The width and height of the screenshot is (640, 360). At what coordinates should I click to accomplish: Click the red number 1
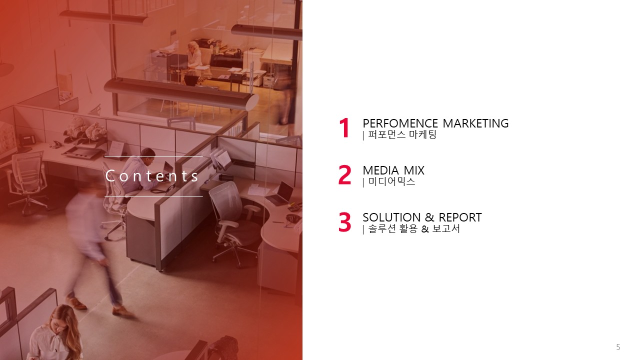pyautogui.click(x=344, y=128)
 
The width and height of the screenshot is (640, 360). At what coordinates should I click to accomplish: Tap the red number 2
pyautogui.click(x=344, y=175)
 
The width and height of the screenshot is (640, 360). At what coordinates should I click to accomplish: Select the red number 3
pyautogui.click(x=344, y=222)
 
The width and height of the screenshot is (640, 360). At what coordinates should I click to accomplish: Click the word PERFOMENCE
pyautogui.click(x=400, y=123)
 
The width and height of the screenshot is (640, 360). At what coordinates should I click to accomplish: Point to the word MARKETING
pyautogui.click(x=475, y=123)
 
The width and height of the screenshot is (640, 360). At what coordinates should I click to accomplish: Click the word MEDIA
pyautogui.click(x=381, y=170)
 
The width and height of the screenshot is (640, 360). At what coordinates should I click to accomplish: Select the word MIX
pyautogui.click(x=414, y=170)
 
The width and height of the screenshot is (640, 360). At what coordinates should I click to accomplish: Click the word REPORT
pyautogui.click(x=460, y=217)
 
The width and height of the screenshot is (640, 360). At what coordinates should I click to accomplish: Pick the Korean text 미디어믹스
pyautogui.click(x=391, y=181)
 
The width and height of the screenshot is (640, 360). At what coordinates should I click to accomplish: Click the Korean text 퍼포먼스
pyautogui.click(x=387, y=134)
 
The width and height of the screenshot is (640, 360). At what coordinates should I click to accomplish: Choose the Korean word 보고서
pyautogui.click(x=446, y=229)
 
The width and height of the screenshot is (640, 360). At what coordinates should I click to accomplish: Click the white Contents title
pyautogui.click(x=152, y=175)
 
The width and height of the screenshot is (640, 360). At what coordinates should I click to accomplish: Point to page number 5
pyautogui.click(x=618, y=347)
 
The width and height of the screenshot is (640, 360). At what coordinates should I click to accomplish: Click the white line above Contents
pyautogui.click(x=153, y=156)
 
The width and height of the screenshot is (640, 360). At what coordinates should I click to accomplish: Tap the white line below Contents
pyautogui.click(x=153, y=196)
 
